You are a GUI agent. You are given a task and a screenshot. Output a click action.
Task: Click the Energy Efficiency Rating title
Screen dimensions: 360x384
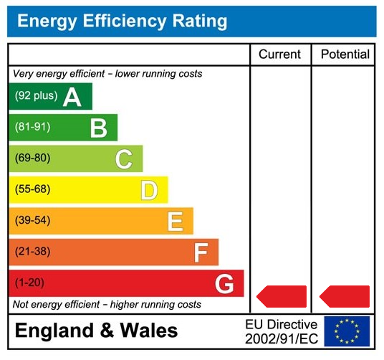click(122, 21)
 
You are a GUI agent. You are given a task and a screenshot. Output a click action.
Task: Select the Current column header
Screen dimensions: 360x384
click(279, 55)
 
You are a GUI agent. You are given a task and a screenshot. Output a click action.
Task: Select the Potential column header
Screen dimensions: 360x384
click(345, 55)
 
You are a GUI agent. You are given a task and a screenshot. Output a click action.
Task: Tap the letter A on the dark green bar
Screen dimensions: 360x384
click(72, 97)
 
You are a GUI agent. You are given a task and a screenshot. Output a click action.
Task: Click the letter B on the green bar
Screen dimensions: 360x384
click(98, 128)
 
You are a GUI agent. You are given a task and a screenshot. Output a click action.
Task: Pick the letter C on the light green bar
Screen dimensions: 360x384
click(124, 159)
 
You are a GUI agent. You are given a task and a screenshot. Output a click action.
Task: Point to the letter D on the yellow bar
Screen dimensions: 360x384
click(149, 190)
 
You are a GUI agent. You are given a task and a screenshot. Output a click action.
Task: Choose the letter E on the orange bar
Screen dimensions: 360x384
click(175, 222)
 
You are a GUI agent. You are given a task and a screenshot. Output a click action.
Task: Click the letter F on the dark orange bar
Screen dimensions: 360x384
click(201, 252)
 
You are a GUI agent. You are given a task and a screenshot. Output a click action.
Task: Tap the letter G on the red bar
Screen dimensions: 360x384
click(224, 284)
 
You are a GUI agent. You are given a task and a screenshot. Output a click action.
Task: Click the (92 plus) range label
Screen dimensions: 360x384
click(36, 96)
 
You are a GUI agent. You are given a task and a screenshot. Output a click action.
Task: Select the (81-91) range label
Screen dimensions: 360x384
click(33, 127)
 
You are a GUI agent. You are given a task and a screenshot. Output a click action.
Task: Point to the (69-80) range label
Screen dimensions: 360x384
click(33, 158)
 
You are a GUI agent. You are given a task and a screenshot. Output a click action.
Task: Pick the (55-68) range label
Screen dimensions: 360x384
click(33, 189)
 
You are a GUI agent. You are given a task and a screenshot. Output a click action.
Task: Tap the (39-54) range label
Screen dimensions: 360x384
click(33, 221)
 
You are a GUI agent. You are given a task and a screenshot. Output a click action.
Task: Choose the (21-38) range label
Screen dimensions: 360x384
click(33, 252)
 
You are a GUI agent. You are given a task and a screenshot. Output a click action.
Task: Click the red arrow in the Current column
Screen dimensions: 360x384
click(282, 296)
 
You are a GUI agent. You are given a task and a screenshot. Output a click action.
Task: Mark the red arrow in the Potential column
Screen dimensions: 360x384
click(345, 296)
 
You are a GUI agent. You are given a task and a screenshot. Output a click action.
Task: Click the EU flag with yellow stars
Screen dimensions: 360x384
click(347, 331)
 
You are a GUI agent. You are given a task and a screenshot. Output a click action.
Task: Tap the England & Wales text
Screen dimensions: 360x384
click(96, 331)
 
